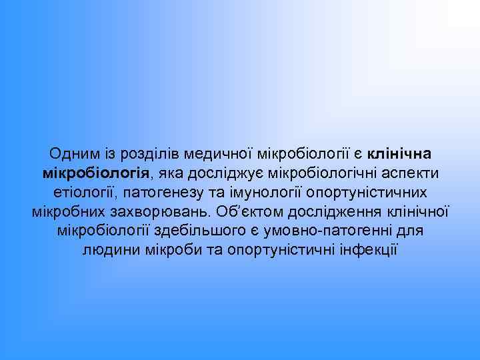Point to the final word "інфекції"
click(368, 251)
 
